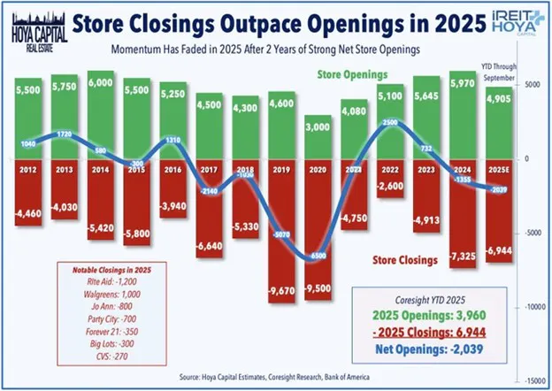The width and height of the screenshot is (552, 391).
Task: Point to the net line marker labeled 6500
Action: [x=322, y=256]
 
